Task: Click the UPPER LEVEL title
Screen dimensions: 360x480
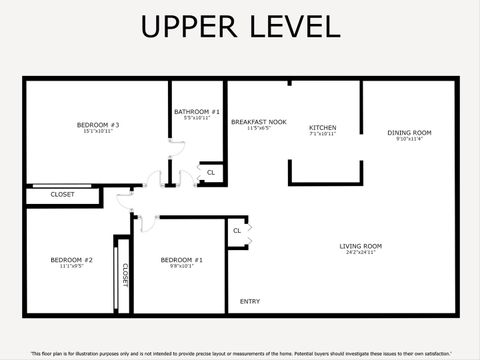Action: click(x=240, y=27)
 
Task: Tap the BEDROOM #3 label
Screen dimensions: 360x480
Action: click(x=98, y=125)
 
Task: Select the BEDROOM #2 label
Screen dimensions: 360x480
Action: click(x=71, y=260)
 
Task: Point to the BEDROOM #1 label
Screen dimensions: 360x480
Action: click(x=181, y=260)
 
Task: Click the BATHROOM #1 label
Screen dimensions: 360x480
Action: click(x=197, y=112)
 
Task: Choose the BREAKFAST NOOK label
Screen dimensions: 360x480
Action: click(x=259, y=122)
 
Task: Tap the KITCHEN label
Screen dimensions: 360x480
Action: click(x=322, y=128)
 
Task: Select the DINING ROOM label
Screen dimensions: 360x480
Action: click(x=409, y=133)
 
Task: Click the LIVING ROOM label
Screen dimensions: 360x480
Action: click(x=361, y=246)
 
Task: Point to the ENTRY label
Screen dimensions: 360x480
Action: click(x=250, y=301)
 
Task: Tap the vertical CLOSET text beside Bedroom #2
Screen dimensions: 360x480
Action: click(x=125, y=275)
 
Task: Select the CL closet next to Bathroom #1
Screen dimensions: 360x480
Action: click(x=210, y=173)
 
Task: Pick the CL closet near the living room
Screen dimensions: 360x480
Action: click(x=237, y=231)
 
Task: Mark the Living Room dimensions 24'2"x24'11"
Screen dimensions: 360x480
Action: click(x=361, y=253)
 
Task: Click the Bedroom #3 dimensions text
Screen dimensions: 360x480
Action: click(x=98, y=132)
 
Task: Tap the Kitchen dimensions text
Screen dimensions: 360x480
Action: click(x=322, y=134)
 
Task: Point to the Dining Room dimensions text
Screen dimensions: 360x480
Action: click(x=409, y=140)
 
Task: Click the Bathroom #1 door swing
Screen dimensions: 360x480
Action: click(x=176, y=147)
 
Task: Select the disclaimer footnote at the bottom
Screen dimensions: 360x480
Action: click(x=240, y=353)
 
